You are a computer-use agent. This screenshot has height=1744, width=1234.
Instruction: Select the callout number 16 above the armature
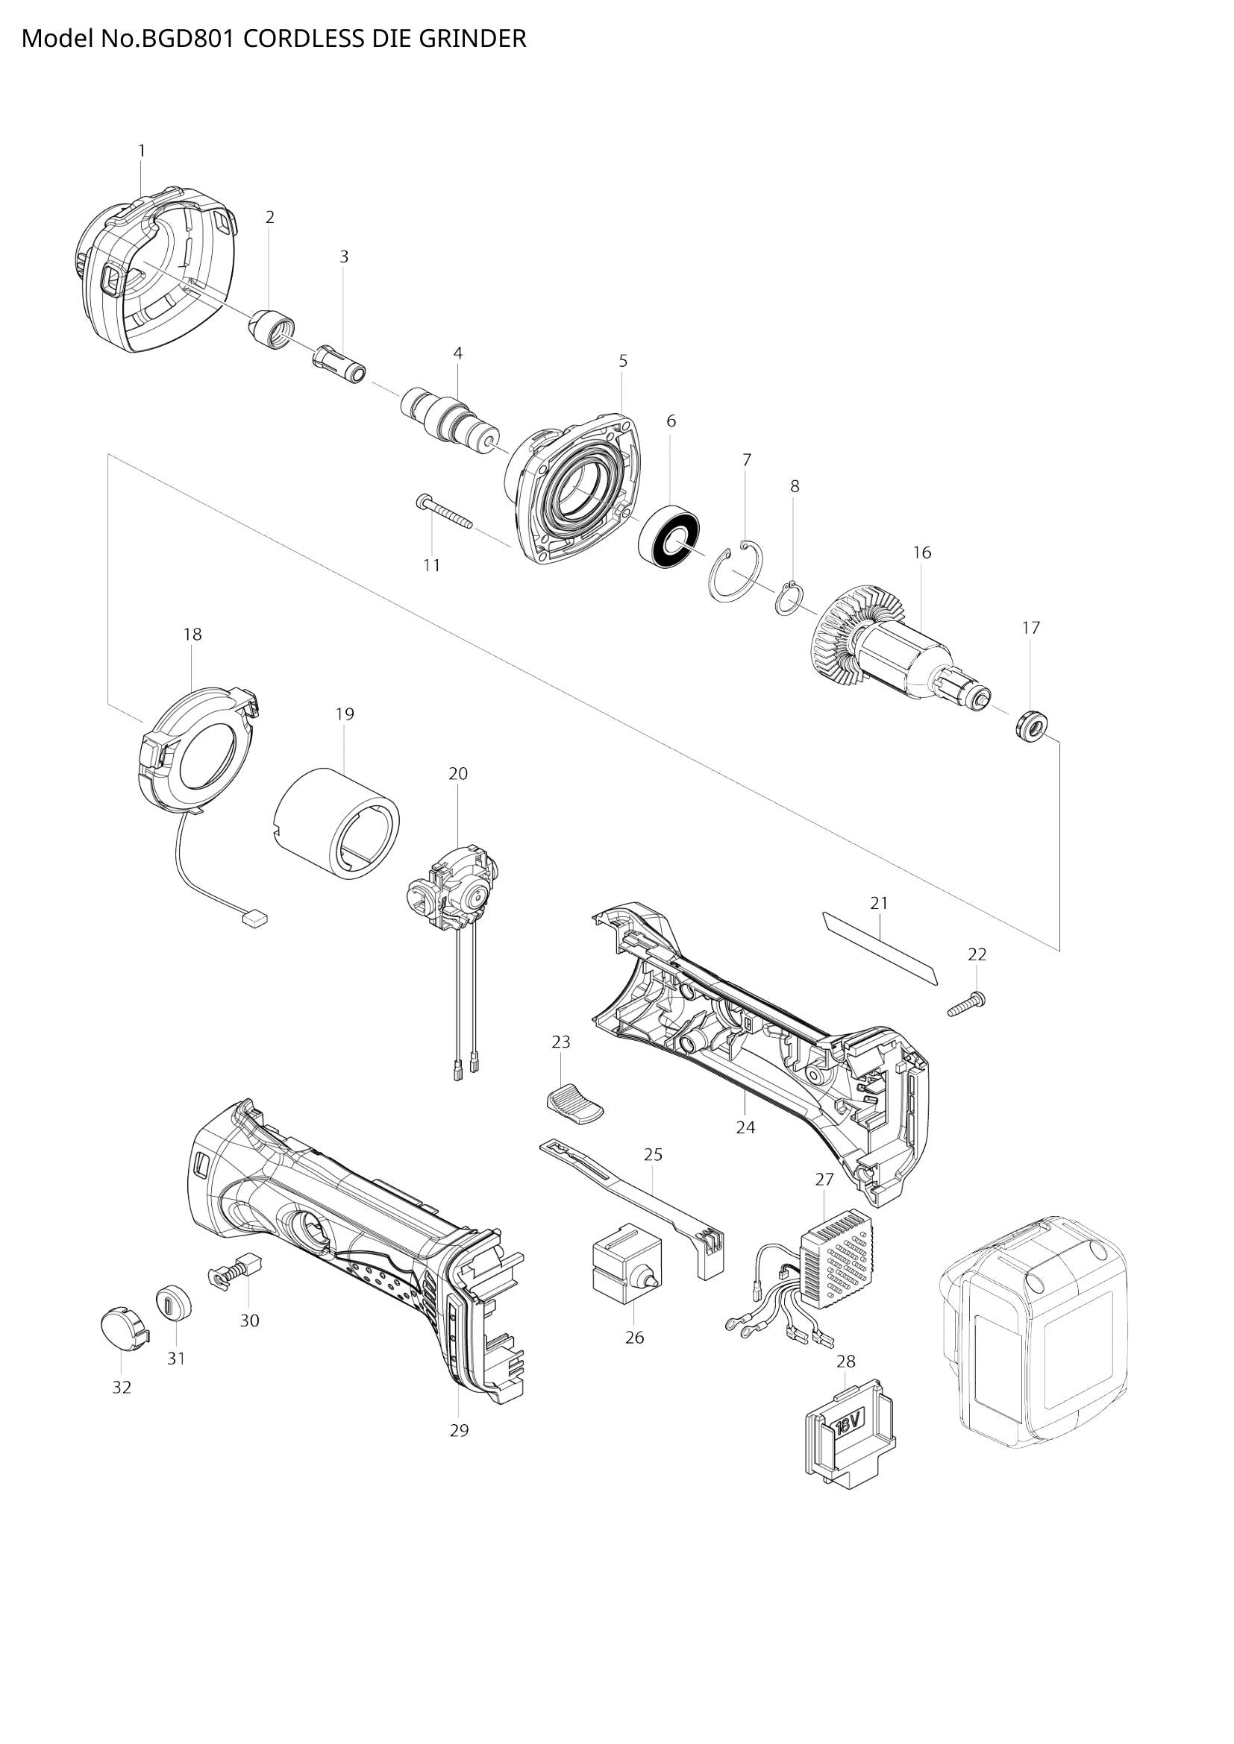coord(921,553)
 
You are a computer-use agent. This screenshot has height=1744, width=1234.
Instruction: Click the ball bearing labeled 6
coord(669,540)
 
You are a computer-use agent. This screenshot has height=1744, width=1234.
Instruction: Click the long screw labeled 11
coord(445,512)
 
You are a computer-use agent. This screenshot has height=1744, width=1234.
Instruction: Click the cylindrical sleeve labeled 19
coord(336,825)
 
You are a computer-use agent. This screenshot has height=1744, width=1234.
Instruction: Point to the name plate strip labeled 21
coord(880,948)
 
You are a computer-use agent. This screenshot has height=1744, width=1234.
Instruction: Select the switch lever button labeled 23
coord(574,1105)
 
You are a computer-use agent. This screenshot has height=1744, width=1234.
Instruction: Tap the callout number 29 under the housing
coord(459,1431)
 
